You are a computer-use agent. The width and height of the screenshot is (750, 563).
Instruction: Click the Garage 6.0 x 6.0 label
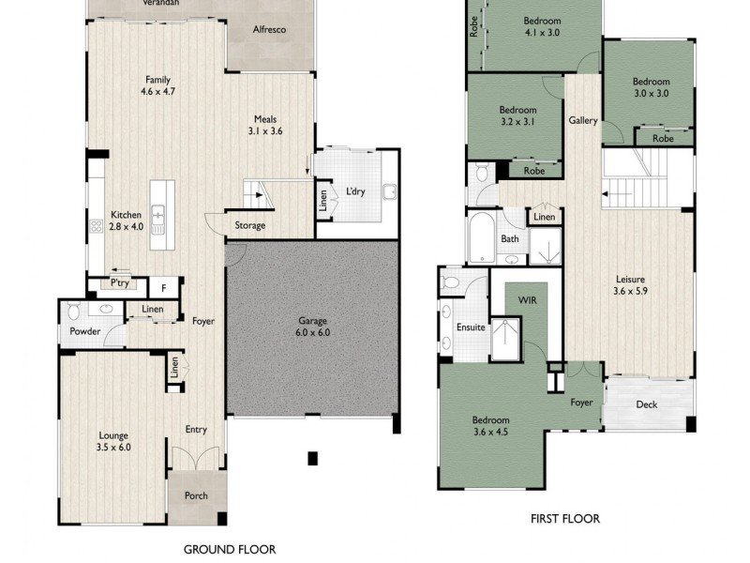point(312,327)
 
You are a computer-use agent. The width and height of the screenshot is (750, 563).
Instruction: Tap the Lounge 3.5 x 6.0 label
point(112,441)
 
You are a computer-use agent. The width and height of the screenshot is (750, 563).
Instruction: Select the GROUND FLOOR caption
point(229,550)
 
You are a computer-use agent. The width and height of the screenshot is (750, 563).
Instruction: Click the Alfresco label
point(270,30)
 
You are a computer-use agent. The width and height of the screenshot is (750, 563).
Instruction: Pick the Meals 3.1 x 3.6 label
point(265,125)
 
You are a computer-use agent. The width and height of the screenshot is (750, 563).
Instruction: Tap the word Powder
point(84,332)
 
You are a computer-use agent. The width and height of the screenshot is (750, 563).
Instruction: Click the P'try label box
point(120,282)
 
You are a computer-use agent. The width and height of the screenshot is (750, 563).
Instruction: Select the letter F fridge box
point(163,288)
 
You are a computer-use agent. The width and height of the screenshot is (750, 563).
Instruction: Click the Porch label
point(195,495)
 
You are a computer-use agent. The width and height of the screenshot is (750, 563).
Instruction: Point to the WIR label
point(526,300)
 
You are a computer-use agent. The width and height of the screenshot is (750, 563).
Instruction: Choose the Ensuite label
point(471,327)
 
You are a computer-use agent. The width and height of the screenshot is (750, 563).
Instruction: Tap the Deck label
point(646,405)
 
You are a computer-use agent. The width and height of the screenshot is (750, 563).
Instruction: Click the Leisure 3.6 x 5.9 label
point(631,284)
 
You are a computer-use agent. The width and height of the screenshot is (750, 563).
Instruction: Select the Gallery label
point(583,120)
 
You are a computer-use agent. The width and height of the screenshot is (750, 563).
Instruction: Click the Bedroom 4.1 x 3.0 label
point(541,26)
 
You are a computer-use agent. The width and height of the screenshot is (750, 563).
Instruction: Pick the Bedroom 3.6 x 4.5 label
point(490,426)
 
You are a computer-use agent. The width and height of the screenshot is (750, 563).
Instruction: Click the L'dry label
point(355,192)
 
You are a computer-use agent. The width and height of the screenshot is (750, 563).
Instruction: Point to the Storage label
point(250,225)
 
